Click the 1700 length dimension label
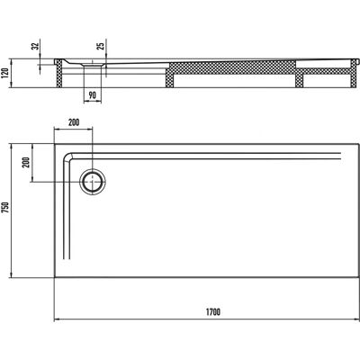(213, 312)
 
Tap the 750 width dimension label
(5, 208)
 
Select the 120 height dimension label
(5, 73)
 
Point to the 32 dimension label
(36, 46)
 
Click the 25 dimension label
(102, 46)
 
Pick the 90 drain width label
(93, 95)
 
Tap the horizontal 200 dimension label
(74, 122)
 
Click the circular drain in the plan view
(93, 182)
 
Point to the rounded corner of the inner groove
(67, 156)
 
